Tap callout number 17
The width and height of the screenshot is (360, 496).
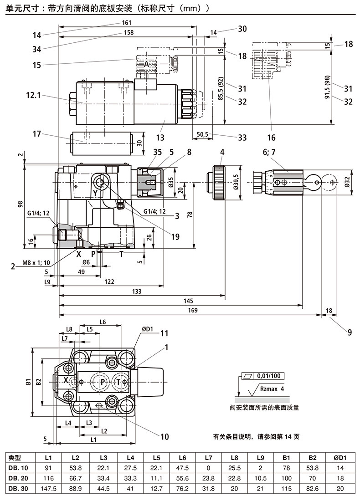click(x=37, y=134)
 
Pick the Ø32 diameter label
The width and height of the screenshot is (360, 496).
click(x=347, y=183)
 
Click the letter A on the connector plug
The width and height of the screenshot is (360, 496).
click(x=147, y=65)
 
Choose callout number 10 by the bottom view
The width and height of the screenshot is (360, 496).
click(x=164, y=436)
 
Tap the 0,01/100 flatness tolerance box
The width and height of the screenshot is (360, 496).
click(x=268, y=376)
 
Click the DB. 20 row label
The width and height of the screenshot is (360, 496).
click(x=18, y=478)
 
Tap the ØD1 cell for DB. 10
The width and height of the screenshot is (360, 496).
click(x=343, y=468)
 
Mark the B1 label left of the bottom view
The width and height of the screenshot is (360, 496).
click(x=28, y=381)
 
